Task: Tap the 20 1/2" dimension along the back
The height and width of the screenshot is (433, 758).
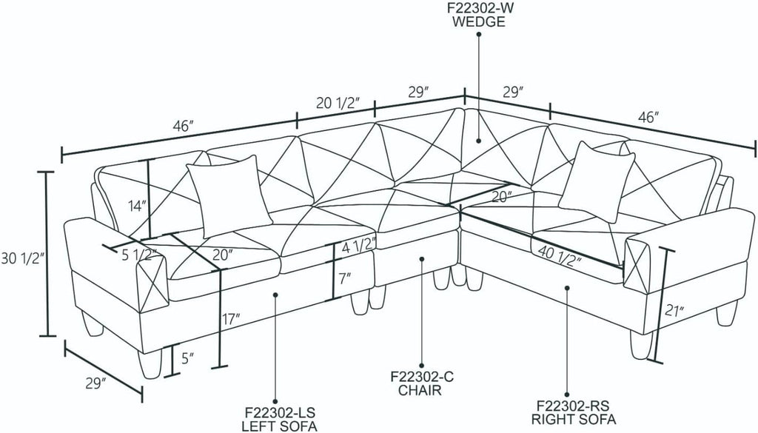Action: tap(338, 103)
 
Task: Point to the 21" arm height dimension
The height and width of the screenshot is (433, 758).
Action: tap(674, 310)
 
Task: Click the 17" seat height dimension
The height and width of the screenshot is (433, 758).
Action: tap(231, 319)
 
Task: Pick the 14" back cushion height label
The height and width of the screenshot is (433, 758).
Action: tap(137, 207)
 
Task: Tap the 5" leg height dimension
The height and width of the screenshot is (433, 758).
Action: tap(187, 358)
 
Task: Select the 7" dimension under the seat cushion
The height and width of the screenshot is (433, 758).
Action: tap(344, 278)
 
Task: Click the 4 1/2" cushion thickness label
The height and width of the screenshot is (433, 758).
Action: tap(358, 249)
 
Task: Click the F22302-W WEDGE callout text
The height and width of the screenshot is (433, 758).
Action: tap(479, 15)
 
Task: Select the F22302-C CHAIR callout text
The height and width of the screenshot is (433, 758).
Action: tap(420, 383)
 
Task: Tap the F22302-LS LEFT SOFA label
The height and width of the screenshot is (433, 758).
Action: tap(279, 419)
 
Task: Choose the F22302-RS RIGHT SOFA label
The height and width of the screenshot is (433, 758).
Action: tap(574, 412)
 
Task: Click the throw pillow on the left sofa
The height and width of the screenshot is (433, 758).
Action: tap(229, 195)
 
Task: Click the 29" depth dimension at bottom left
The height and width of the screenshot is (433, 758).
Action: tap(95, 383)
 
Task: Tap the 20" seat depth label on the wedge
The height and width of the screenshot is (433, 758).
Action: tap(502, 196)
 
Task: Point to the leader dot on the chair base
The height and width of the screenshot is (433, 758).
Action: tap(422, 259)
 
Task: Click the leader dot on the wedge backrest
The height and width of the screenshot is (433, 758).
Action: tap(479, 141)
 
